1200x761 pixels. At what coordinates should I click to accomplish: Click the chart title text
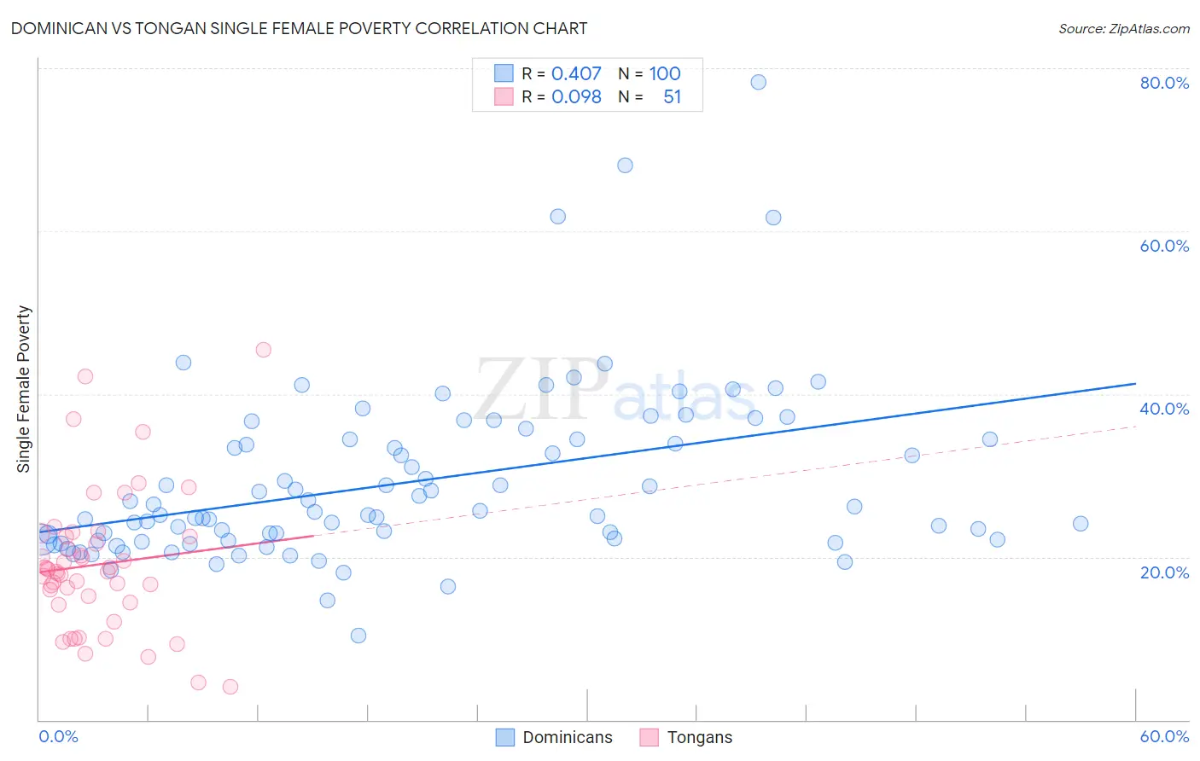click(299, 28)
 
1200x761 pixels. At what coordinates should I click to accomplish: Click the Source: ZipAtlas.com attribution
click(1123, 28)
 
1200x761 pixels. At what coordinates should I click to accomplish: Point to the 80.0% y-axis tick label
click(1164, 83)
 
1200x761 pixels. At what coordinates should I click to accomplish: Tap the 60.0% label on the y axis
click(1164, 246)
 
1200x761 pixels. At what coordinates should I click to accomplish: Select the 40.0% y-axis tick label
click(1164, 409)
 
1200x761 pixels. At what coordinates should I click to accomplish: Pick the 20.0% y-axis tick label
click(1164, 572)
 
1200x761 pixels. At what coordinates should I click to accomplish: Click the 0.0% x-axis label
click(58, 736)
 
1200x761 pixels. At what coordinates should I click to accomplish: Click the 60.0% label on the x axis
click(1164, 736)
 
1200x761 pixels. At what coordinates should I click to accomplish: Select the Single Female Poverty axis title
click(24, 389)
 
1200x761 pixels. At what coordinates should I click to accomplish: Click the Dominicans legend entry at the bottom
click(567, 737)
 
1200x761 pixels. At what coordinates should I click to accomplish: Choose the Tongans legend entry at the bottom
click(699, 737)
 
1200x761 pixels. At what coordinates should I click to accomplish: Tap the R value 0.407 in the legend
click(576, 74)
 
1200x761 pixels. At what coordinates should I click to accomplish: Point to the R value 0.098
click(576, 97)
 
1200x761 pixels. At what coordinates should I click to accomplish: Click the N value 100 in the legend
click(665, 74)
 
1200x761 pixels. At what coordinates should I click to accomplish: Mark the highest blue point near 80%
click(758, 82)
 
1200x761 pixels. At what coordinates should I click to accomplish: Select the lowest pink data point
click(230, 687)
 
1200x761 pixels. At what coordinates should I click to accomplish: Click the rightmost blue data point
click(1081, 524)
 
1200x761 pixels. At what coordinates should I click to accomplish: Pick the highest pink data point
click(264, 350)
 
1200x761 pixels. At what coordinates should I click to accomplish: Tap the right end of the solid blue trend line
click(1135, 384)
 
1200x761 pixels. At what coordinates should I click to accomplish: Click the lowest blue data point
click(358, 636)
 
